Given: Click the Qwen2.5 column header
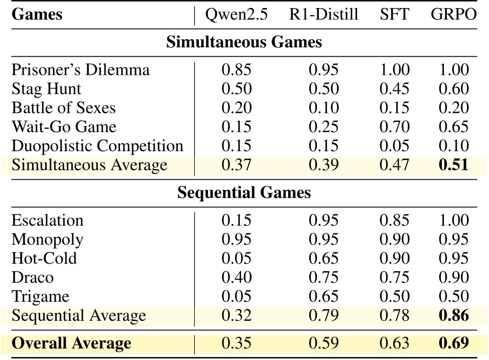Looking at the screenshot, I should [x=236, y=15].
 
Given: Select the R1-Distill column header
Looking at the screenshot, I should [x=323, y=15].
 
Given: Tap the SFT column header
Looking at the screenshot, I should [x=394, y=15].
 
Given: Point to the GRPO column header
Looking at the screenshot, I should [x=453, y=15].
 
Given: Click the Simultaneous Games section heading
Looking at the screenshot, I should [x=244, y=42].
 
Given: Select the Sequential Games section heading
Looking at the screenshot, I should [x=244, y=193].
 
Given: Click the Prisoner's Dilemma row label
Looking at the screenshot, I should [x=80, y=69].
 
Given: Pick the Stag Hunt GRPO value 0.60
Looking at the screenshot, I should [x=453, y=88].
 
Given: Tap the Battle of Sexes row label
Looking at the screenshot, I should [x=64, y=107].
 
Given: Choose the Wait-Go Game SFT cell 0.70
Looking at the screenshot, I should [x=394, y=127].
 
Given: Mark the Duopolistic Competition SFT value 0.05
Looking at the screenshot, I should [x=394, y=146].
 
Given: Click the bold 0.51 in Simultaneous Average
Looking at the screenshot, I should [x=453, y=165].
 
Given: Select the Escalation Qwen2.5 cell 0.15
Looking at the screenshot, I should [x=236, y=220].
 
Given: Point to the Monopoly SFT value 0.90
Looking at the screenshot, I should [x=394, y=239].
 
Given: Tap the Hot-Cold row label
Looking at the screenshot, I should [x=44, y=258].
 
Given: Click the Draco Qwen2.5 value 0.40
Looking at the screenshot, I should [x=236, y=277].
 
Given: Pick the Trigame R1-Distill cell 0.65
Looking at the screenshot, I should [x=323, y=296].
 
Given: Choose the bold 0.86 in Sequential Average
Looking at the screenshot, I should [x=453, y=315].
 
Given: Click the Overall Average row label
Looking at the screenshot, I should [x=71, y=343].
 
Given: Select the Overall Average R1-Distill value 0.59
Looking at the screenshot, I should [x=323, y=343].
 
